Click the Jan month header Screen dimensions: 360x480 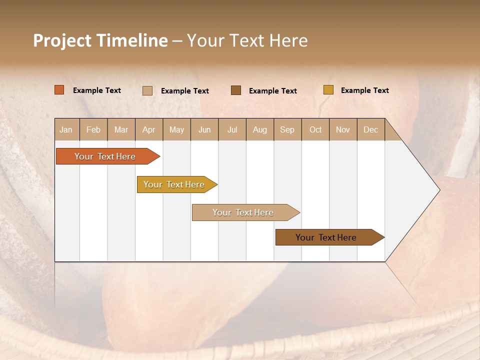[x=66, y=129]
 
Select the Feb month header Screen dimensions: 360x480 [x=93, y=129]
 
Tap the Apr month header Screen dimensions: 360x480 [x=148, y=129]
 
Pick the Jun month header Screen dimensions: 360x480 [x=204, y=129]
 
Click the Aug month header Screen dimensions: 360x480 [x=259, y=129]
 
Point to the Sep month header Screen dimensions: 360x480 [x=287, y=129]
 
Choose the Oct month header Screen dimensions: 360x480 [x=315, y=129]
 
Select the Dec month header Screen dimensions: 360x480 [x=370, y=129]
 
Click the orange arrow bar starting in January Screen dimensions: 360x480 [x=105, y=156]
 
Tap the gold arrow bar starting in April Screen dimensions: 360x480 [x=174, y=184]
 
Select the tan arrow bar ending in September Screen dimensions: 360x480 [x=243, y=212]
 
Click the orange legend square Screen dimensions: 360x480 [x=59, y=90]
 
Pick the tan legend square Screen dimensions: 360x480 [x=147, y=90]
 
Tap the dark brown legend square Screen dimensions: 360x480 [x=236, y=90]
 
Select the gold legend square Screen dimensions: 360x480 [x=328, y=90]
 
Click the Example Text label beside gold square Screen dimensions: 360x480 [x=364, y=90]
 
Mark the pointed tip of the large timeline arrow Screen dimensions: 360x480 [x=438, y=190]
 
